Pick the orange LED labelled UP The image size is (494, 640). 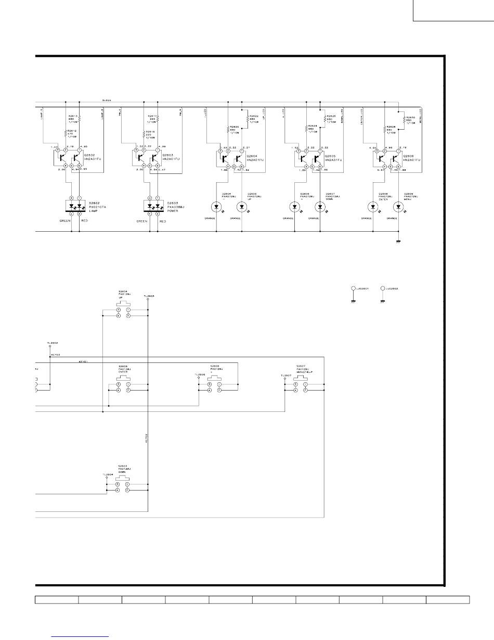tap(242, 207)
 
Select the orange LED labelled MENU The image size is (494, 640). tap(398, 207)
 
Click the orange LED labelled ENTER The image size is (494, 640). tap(372, 207)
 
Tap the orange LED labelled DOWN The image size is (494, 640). tap(320, 207)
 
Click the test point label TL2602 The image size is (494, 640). tap(52, 343)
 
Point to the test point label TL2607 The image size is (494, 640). tap(285, 375)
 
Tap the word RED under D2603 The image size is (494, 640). tap(162, 221)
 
